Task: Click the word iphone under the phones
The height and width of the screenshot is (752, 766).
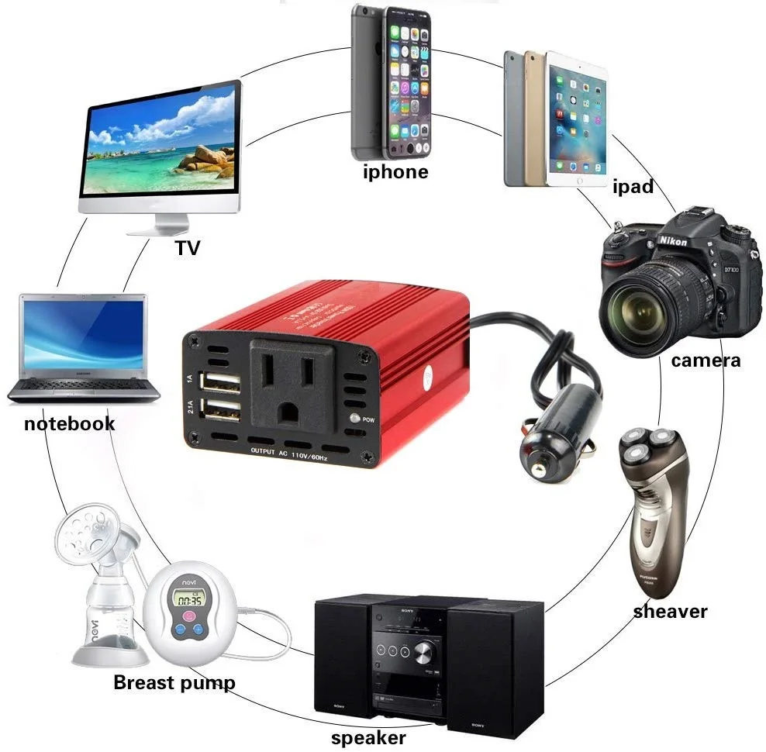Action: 395,171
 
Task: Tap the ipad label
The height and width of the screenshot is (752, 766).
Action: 633,187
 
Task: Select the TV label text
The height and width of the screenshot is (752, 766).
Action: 187,248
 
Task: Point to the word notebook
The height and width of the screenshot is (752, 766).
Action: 69,423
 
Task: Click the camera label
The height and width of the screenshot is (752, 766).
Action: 706,360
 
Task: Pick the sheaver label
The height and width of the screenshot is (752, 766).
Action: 670,611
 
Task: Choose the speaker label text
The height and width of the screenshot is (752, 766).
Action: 368,738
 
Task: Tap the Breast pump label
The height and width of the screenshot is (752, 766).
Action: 174,682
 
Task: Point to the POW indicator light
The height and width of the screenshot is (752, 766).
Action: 355,419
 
